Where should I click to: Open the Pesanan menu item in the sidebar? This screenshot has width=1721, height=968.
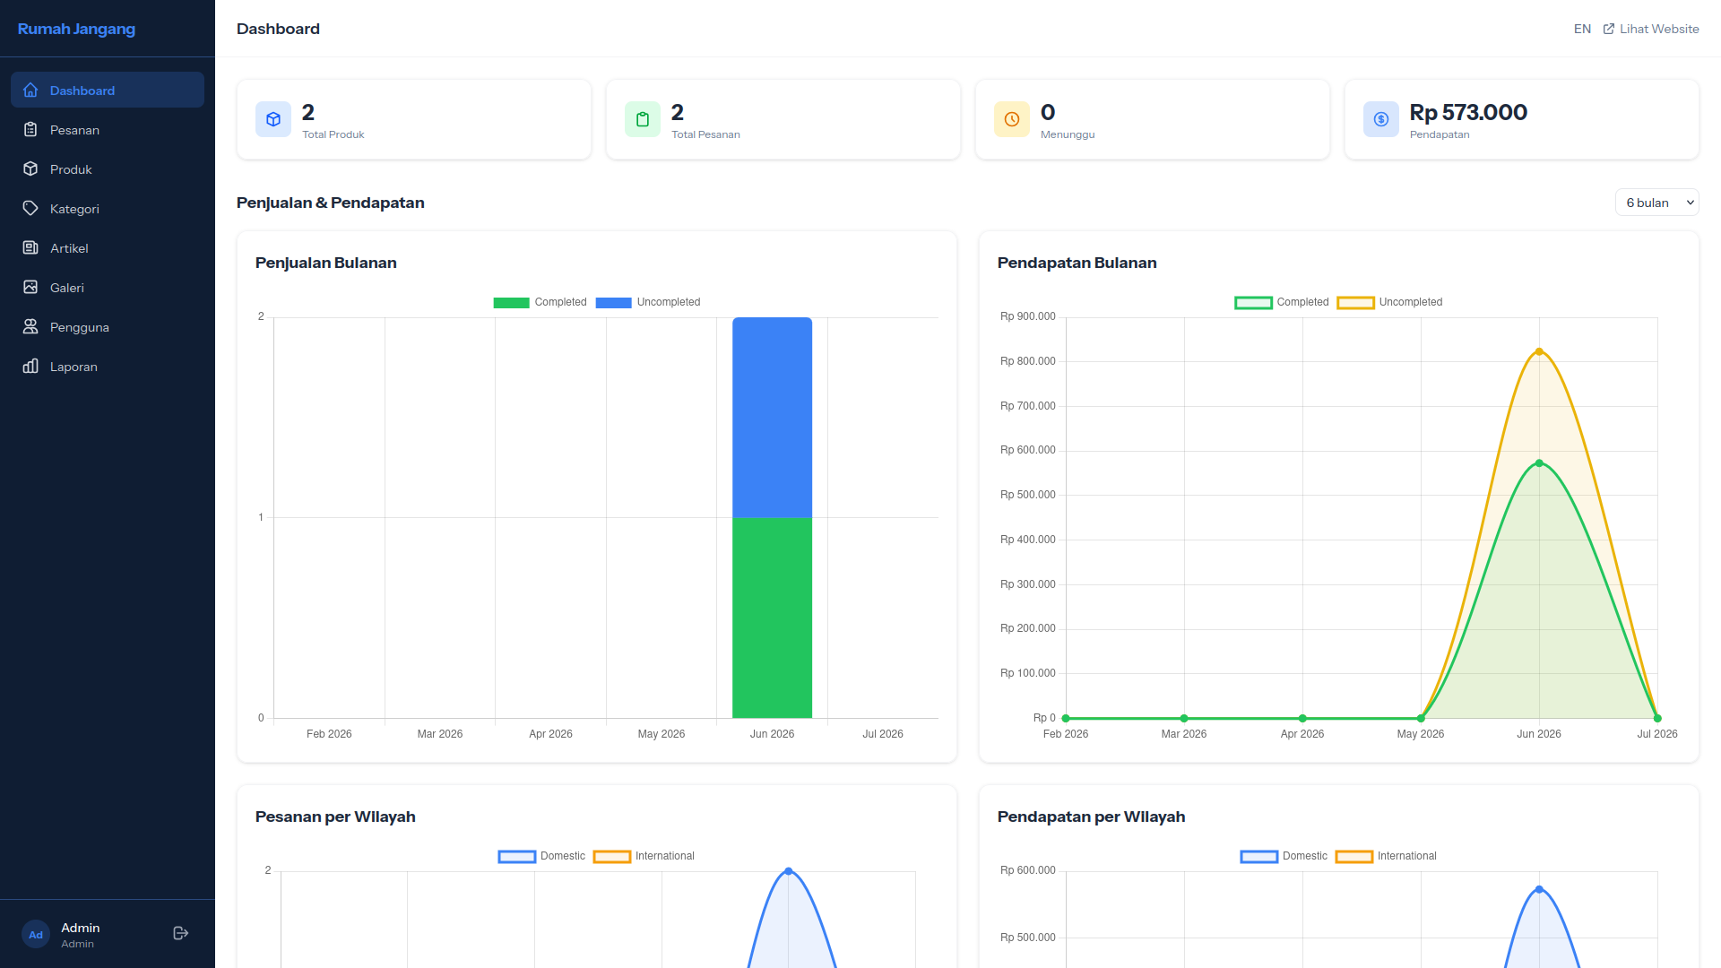click(74, 130)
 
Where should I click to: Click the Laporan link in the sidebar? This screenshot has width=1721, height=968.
click(74, 367)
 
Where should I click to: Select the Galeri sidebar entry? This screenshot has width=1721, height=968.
click(67, 288)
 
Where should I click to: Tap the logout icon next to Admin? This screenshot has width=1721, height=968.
click(180, 934)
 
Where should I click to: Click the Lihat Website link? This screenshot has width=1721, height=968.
click(1651, 29)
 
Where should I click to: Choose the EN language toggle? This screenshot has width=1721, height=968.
click(1582, 29)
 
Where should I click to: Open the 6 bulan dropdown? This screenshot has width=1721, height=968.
click(1656, 203)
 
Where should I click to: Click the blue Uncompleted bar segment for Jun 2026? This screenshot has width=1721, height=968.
click(772, 418)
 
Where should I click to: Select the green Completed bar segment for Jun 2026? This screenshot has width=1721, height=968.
click(772, 618)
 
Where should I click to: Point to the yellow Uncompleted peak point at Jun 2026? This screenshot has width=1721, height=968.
click(1539, 351)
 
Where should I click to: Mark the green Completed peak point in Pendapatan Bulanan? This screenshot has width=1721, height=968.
click(1539, 463)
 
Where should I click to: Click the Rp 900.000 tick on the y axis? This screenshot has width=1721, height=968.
click(1028, 316)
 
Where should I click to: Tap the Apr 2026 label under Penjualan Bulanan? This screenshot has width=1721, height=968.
click(550, 734)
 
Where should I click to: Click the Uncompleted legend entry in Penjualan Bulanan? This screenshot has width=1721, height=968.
click(648, 302)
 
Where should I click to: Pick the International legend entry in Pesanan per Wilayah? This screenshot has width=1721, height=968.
click(644, 856)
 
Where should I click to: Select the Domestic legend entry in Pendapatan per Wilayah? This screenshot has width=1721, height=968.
click(1284, 856)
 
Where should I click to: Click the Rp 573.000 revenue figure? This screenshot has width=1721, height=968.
click(1468, 112)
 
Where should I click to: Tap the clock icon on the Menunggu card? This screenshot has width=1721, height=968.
click(1012, 119)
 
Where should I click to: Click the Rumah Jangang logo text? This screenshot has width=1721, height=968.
click(76, 29)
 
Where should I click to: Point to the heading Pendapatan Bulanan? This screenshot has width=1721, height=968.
click(1077, 263)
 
